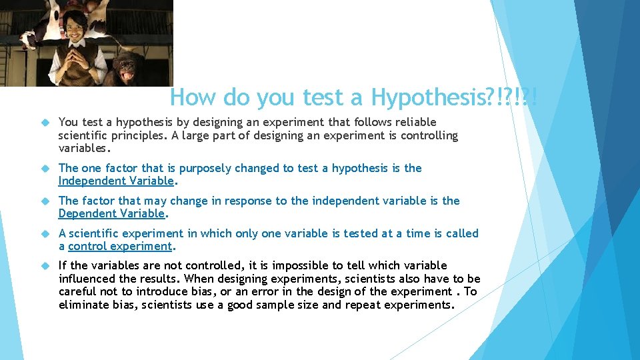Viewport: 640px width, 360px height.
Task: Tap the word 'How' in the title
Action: click(x=193, y=97)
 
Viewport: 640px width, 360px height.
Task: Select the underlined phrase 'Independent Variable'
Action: click(x=116, y=181)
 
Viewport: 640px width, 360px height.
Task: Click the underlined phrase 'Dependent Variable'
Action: click(x=111, y=214)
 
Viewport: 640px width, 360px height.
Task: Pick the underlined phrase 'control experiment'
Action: click(x=120, y=247)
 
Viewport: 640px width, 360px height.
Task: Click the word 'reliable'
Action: click(x=416, y=123)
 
